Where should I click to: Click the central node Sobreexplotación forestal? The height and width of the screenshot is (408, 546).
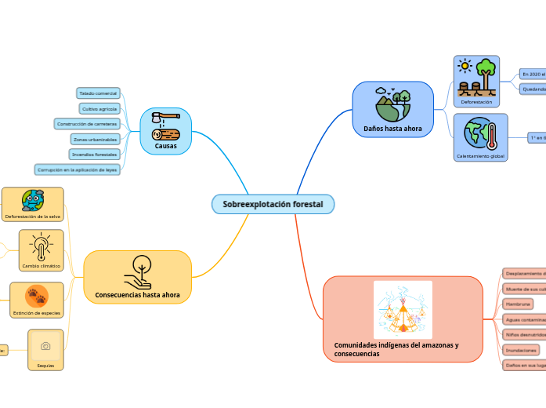(x=273, y=204)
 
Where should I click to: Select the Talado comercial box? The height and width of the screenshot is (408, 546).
(x=98, y=93)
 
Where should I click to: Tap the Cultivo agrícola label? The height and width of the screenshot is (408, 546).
(x=99, y=108)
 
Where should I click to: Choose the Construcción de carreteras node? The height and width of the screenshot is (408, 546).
(x=86, y=124)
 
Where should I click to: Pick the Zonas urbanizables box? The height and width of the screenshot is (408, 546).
(x=95, y=139)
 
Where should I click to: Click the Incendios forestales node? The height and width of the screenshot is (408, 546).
(x=94, y=155)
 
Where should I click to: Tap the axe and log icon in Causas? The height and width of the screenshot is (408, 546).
(x=165, y=126)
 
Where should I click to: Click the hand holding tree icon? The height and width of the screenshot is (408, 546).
(x=137, y=271)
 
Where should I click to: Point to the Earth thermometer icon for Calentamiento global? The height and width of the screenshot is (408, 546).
(x=480, y=133)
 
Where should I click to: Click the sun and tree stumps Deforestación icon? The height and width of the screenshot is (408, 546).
(x=476, y=76)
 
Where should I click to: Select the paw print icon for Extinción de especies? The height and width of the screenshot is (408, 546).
(x=36, y=296)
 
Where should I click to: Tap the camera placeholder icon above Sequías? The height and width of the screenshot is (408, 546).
(x=45, y=346)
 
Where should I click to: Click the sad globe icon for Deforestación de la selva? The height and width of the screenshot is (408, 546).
(x=32, y=200)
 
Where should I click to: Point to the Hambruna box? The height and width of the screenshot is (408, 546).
(x=518, y=304)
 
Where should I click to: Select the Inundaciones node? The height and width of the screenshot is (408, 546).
(x=521, y=350)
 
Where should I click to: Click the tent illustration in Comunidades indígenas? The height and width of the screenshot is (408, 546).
(x=403, y=310)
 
